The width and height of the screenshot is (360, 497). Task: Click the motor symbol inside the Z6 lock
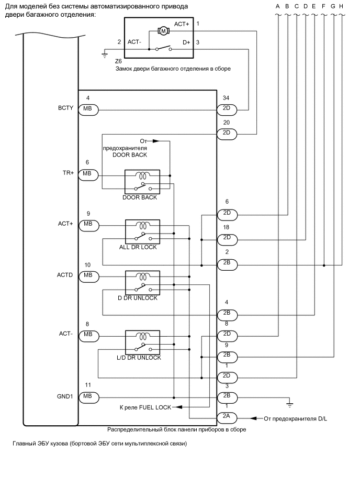point(163,31)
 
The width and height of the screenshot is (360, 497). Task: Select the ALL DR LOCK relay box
point(142,231)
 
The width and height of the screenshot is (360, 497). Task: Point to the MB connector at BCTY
point(87,109)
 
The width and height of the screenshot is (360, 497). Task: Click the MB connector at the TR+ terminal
point(87,173)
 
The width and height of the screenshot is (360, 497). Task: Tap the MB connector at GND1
point(87,397)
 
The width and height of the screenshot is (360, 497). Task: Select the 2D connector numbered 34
point(227,109)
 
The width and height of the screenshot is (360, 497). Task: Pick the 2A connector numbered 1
point(227,417)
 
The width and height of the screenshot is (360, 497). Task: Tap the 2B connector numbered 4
point(227,314)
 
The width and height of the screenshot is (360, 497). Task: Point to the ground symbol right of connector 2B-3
point(289,404)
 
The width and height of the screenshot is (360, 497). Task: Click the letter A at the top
point(277,6)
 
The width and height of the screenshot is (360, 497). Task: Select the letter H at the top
point(341,6)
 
